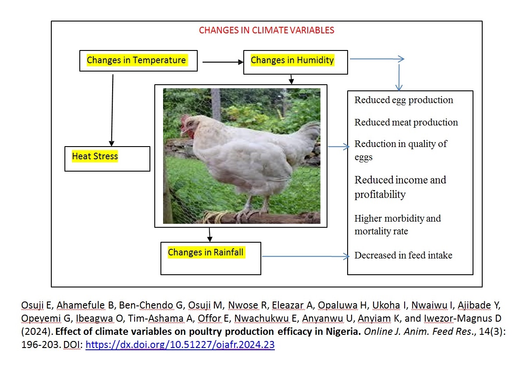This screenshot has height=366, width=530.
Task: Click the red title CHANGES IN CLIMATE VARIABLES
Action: click(x=267, y=30)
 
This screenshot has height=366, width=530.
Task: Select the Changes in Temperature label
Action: click(x=136, y=60)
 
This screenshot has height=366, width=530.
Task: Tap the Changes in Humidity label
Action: click(x=292, y=60)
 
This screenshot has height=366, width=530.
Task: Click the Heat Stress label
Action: click(x=95, y=156)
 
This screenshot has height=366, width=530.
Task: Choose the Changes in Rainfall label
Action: click(x=206, y=252)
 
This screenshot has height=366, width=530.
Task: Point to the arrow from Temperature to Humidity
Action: click(x=223, y=62)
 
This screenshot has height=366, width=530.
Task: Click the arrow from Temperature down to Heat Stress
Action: click(x=112, y=110)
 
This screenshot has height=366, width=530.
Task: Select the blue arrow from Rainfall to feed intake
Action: click(x=306, y=256)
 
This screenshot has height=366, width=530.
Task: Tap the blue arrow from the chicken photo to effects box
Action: click(x=338, y=147)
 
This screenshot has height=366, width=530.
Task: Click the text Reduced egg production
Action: click(x=404, y=100)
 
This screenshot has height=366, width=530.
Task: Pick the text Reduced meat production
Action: click(x=406, y=122)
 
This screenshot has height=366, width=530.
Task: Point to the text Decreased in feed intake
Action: click(x=403, y=255)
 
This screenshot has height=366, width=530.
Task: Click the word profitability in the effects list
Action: click(x=380, y=195)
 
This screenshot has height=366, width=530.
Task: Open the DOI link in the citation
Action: click(x=180, y=344)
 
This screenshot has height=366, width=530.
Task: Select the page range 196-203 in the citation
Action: click(x=40, y=344)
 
